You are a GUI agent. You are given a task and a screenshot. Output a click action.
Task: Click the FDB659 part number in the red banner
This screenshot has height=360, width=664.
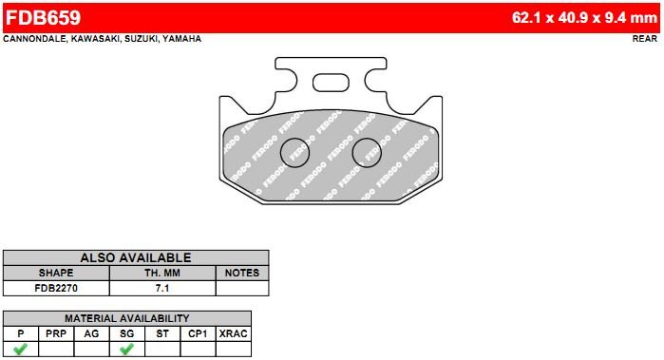click(43, 18)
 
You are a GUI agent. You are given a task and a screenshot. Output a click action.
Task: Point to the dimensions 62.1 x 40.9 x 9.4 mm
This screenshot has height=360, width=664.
click(584, 18)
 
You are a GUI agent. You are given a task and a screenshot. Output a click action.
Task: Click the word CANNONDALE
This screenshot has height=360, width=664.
click(34, 39)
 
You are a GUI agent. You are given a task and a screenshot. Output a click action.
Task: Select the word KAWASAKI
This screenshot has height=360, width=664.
click(95, 39)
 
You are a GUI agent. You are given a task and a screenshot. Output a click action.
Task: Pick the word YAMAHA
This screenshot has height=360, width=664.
click(182, 39)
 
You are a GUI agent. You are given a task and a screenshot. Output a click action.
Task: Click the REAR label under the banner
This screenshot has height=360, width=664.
click(645, 39)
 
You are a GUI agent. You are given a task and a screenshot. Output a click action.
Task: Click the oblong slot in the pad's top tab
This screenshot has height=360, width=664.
click(331, 83)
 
